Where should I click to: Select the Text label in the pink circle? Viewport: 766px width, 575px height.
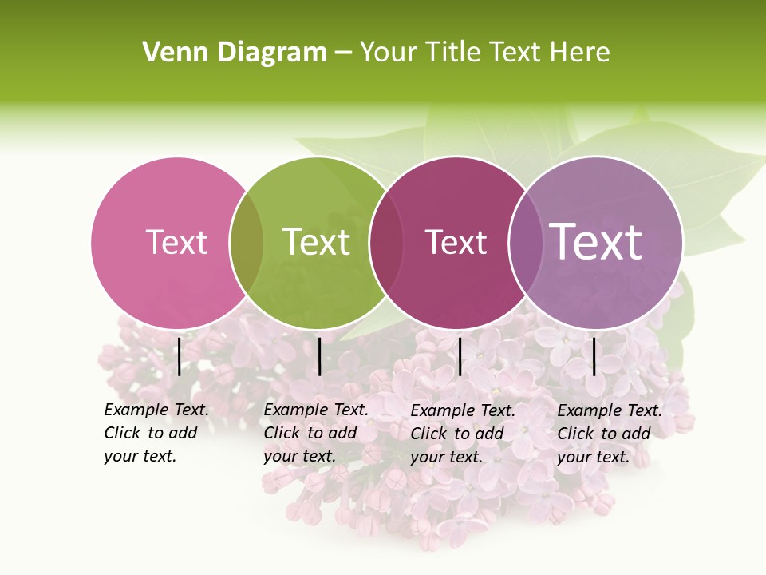(176, 242)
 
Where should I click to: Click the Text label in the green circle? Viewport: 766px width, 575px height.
(316, 242)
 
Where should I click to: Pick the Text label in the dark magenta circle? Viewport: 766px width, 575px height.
(456, 242)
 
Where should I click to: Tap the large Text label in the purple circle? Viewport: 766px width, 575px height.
(596, 241)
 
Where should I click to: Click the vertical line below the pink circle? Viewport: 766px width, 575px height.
(179, 356)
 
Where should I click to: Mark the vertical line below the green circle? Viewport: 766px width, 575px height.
(319, 356)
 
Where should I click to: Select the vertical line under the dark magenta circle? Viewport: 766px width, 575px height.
(460, 356)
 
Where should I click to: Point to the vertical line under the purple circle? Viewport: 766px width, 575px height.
(594, 356)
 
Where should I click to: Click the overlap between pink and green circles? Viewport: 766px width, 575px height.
(247, 243)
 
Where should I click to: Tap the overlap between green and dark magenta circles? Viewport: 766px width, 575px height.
(386, 243)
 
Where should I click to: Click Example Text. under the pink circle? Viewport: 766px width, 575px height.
(156, 410)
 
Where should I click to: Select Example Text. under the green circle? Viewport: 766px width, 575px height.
(316, 410)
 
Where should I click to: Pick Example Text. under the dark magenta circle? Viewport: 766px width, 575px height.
(463, 410)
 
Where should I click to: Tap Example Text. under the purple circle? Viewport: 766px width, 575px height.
(610, 410)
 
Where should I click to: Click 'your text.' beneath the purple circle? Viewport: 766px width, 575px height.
(594, 457)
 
